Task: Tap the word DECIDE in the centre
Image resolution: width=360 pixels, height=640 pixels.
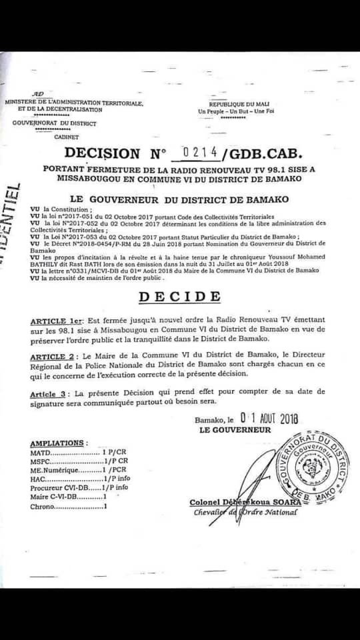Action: tap(181, 296)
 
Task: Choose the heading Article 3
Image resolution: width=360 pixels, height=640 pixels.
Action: tap(51, 394)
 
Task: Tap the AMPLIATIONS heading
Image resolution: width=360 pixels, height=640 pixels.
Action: tap(58, 443)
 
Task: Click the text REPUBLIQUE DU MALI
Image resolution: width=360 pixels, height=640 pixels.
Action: tap(236, 105)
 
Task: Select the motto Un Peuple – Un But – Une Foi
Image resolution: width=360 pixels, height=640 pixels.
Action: tap(236, 111)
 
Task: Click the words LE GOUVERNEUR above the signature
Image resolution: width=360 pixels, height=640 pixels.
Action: tap(235, 430)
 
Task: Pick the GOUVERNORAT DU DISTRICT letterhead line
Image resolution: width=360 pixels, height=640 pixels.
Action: tap(64, 123)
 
